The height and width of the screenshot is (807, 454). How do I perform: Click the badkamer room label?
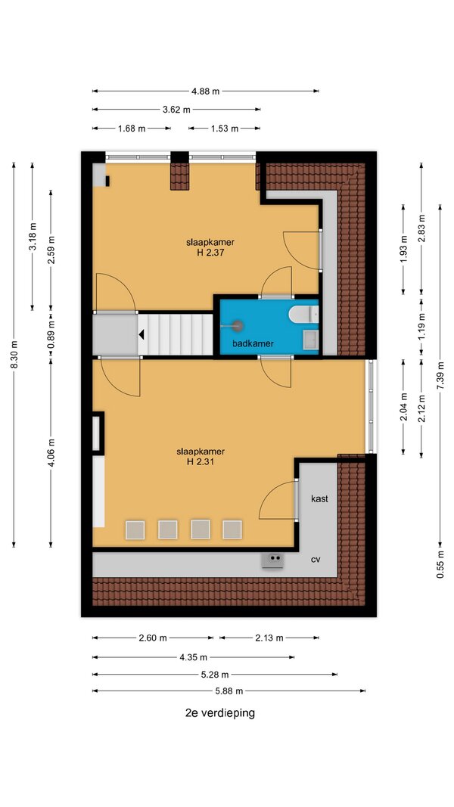point(253,344)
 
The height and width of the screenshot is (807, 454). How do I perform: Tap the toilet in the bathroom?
point(303,314)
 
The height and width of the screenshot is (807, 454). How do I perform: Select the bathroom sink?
point(310,340)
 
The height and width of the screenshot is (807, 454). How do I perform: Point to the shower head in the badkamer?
point(238,325)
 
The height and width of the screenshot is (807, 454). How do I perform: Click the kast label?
point(319,498)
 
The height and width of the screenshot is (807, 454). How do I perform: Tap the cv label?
point(316,560)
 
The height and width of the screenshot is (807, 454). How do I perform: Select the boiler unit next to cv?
point(273,560)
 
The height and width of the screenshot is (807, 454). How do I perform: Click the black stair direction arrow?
point(141,335)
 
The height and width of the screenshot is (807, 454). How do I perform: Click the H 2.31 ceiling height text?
point(201,461)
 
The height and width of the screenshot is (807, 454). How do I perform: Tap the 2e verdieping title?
point(220,713)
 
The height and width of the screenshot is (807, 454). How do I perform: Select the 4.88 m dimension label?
point(205,92)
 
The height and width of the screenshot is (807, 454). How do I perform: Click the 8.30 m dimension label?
point(14,355)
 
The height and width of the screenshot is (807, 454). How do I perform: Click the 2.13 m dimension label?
point(269,638)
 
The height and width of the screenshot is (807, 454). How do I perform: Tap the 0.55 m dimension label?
point(440,564)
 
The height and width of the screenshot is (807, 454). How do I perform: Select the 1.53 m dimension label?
point(225,129)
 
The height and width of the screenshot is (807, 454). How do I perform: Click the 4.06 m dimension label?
point(51,452)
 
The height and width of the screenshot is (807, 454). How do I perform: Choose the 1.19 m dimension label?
point(421,326)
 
